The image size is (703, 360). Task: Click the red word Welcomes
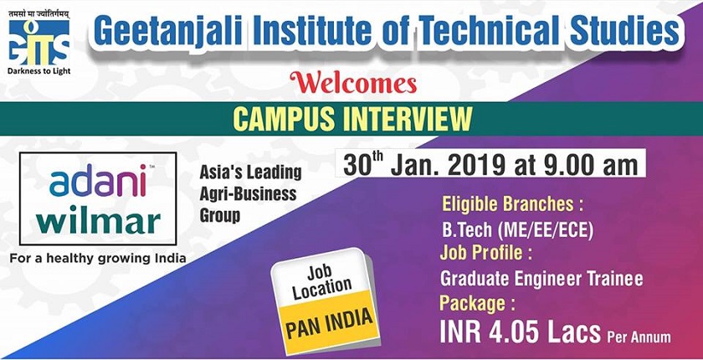[353, 84]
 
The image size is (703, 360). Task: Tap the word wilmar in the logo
[99, 222]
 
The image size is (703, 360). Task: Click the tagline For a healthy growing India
[98, 258]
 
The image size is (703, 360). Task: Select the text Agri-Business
[248, 194]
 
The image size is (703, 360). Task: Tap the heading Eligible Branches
[512, 204]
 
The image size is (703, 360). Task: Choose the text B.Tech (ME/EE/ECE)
[518, 230]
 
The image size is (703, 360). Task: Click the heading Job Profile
[486, 254]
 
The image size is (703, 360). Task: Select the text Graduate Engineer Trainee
[541, 279]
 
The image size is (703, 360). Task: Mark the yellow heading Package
[477, 304]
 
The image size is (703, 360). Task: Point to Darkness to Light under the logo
[39, 71]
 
